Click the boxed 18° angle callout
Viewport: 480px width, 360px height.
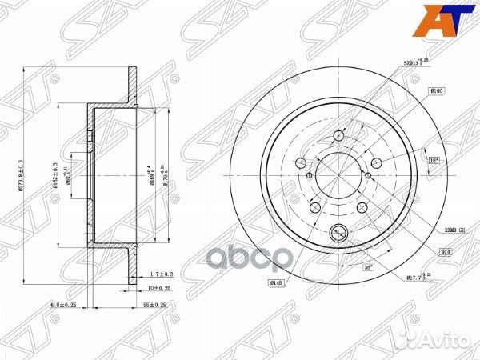click(434, 161)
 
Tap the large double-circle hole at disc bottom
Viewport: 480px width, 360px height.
click(339, 234)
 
